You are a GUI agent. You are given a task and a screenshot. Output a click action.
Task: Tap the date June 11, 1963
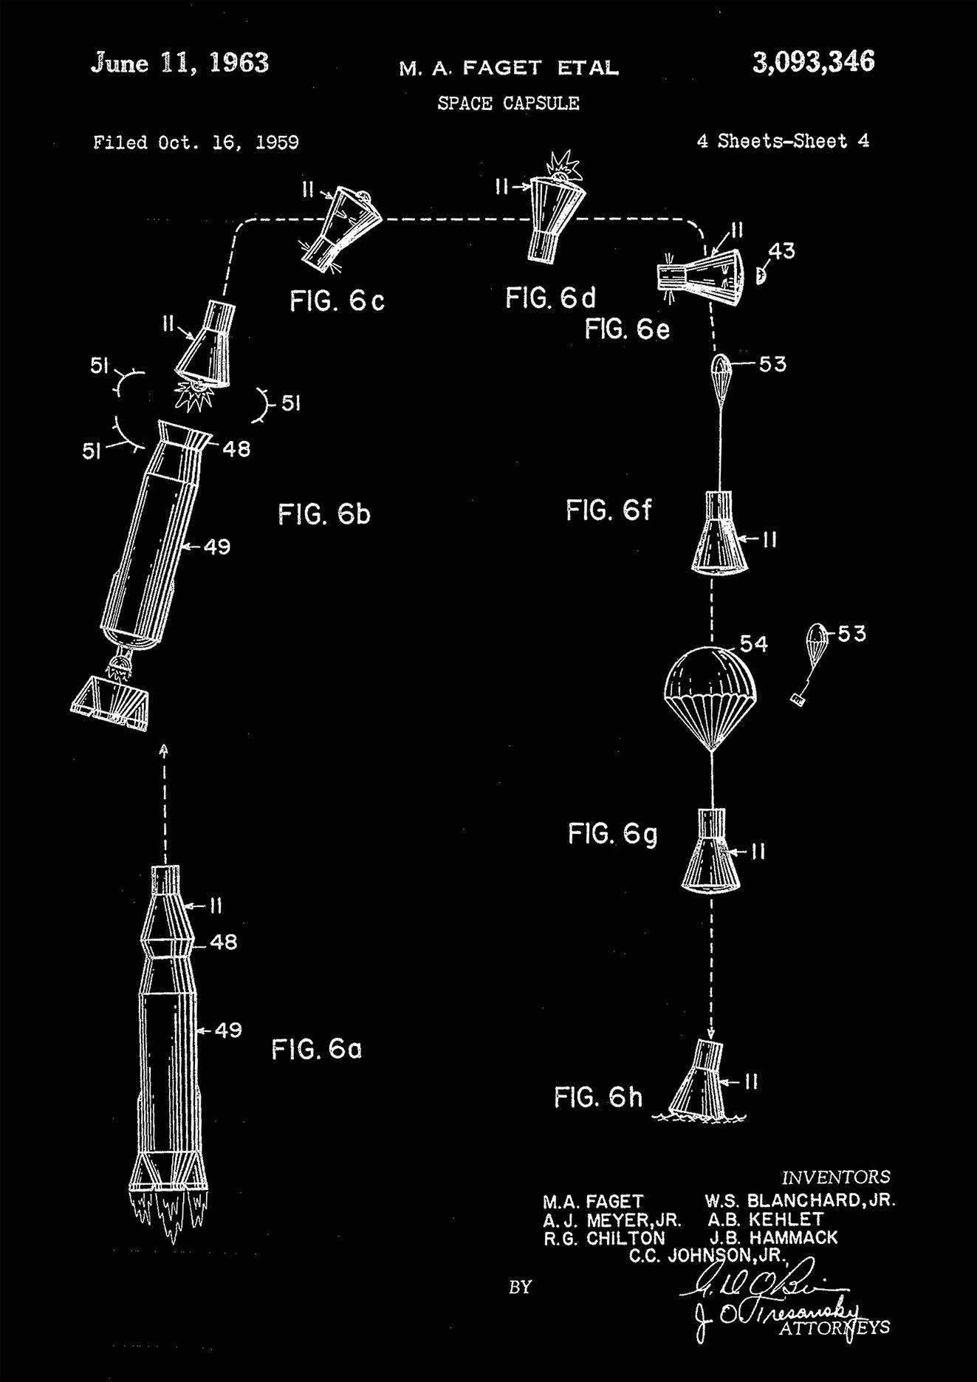[179, 64]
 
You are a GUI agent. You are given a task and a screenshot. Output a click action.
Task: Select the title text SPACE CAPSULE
[508, 103]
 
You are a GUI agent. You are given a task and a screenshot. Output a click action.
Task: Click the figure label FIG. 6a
[316, 1049]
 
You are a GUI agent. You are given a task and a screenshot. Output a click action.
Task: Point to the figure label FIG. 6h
[598, 1098]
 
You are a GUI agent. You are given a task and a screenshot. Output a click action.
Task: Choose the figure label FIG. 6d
[550, 298]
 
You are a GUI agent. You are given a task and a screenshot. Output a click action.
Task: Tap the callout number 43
[781, 251]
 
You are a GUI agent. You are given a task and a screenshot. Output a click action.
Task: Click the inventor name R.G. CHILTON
[604, 1238]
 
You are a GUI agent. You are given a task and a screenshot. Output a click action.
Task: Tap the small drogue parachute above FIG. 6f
[720, 366]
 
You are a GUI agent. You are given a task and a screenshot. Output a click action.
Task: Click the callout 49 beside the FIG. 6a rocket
[227, 1029]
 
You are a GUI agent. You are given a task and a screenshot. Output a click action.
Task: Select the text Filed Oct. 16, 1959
[196, 143]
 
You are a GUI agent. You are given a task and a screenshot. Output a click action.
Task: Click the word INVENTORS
[836, 1177]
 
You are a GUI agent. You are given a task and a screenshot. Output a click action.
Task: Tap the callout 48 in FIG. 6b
[236, 448]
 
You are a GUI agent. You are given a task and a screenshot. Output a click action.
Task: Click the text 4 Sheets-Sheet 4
[783, 141]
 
